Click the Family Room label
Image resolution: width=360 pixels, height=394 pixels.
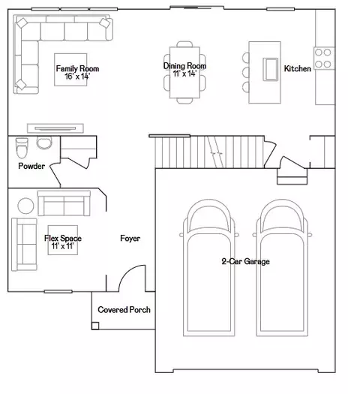[77, 68]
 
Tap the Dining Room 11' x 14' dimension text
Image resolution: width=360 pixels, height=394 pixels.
[184, 74]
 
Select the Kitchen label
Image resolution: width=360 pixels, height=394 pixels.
[298, 68]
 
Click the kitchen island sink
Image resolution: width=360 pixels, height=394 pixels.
[271, 69]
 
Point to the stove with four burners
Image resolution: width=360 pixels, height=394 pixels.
[324, 59]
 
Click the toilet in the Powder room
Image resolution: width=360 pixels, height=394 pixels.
[22, 148]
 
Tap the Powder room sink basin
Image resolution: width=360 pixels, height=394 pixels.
[44, 143]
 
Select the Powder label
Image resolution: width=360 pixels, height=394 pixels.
[31, 166]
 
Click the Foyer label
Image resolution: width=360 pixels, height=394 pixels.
[130, 238]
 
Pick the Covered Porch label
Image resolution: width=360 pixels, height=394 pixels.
[124, 309]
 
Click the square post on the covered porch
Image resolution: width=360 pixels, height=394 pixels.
[95, 326]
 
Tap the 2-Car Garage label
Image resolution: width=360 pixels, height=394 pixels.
[245, 261]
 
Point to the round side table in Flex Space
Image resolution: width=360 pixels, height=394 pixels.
[25, 206]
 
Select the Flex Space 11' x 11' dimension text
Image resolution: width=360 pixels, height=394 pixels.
[63, 246]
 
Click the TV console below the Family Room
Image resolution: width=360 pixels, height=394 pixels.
[55, 128]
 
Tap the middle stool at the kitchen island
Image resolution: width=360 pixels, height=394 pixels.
[246, 72]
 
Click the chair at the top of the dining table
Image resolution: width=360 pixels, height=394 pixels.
[184, 44]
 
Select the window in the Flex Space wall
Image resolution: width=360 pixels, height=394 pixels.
[58, 291]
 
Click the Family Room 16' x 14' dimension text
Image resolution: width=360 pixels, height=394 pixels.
[77, 76]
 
